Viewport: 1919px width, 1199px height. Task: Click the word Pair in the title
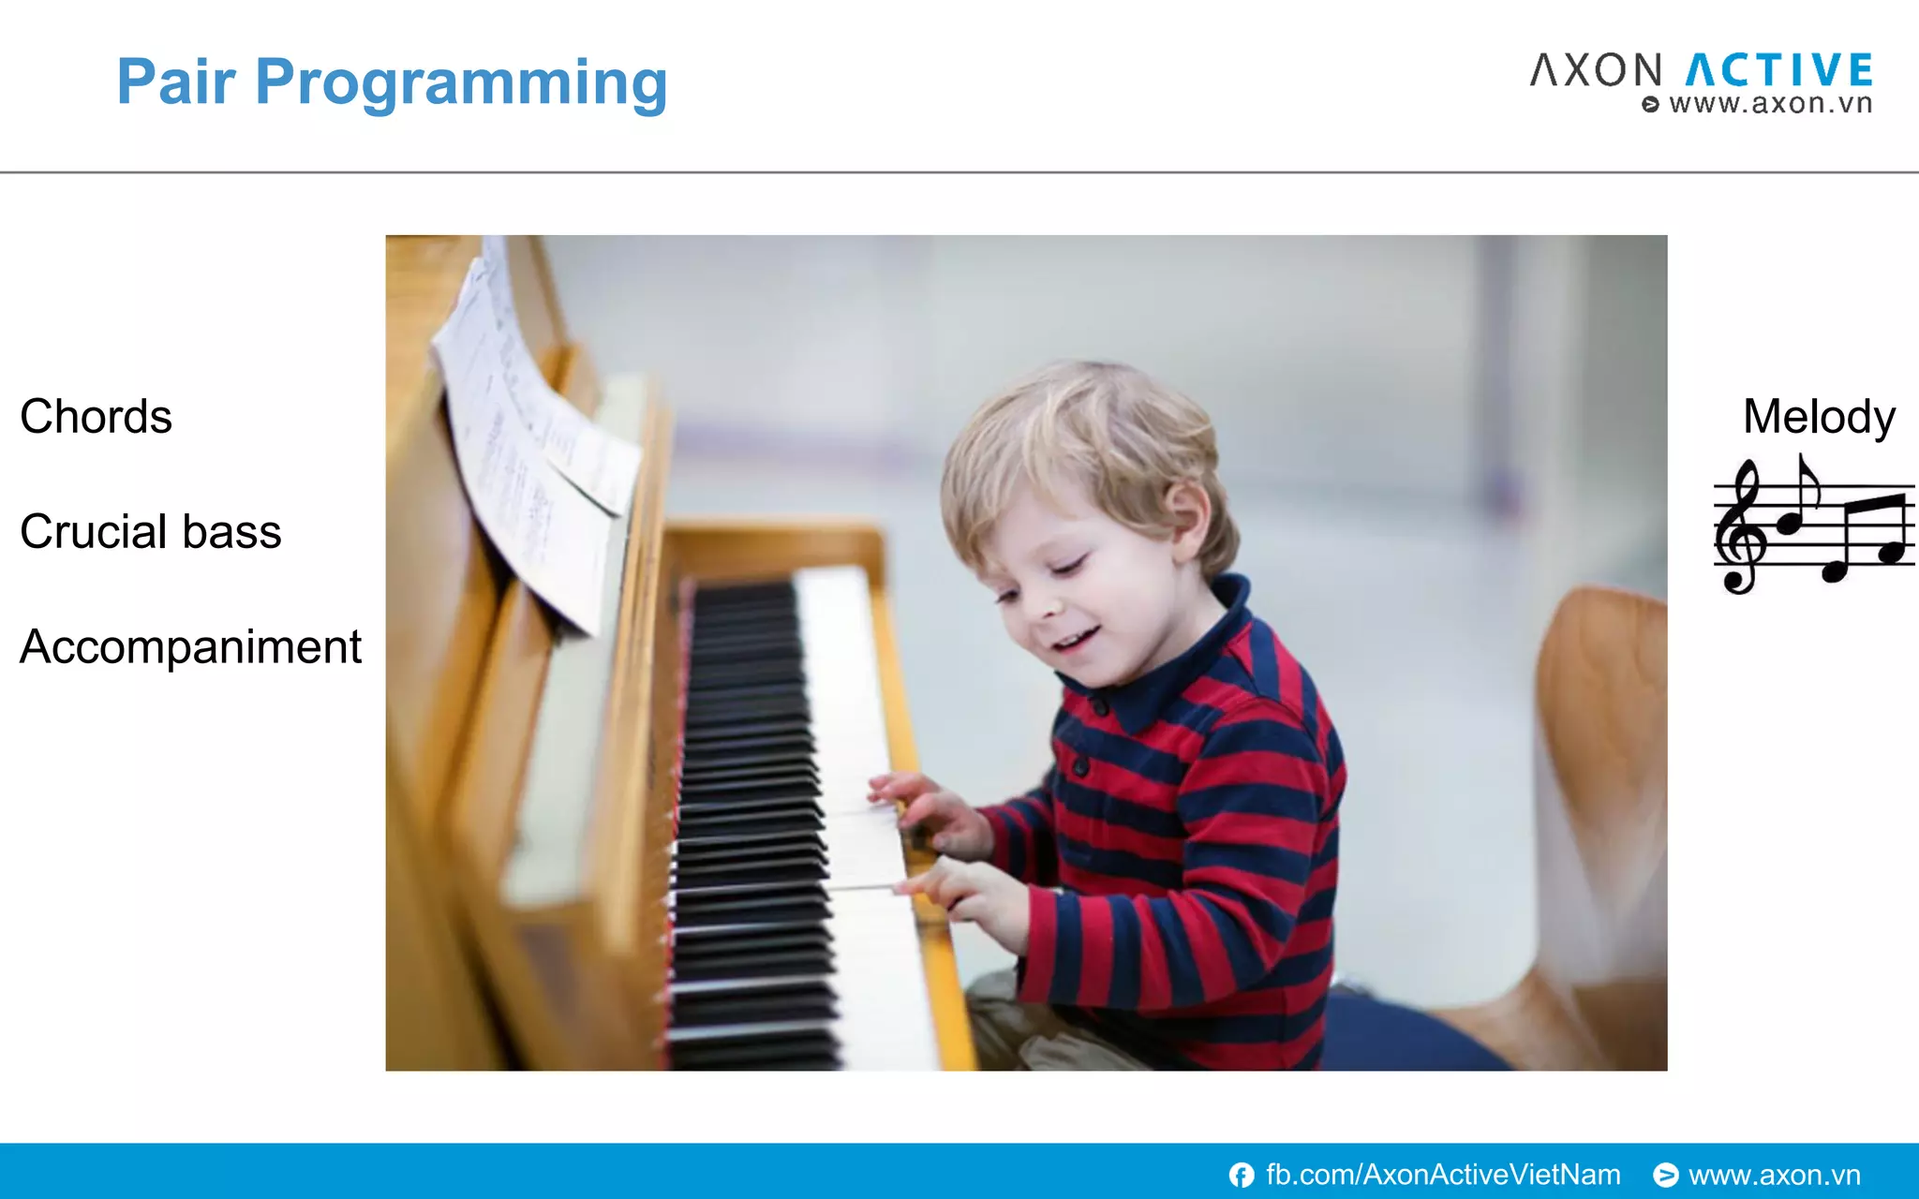[x=175, y=81]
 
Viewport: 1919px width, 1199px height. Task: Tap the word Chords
[x=96, y=417]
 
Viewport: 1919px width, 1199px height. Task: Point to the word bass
[x=231, y=532]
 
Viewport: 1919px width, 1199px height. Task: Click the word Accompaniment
[x=190, y=647]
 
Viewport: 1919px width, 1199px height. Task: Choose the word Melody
[x=1819, y=417]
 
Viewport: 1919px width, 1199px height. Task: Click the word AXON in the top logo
[x=1597, y=71]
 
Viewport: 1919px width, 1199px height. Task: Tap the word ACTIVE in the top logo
[x=1779, y=71]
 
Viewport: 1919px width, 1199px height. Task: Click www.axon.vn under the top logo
[x=1770, y=104]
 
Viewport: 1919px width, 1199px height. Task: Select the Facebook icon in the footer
[x=1242, y=1175]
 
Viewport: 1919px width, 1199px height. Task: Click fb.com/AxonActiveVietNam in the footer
[x=1443, y=1175]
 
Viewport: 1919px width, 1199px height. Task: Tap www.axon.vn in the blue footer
[x=1774, y=1175]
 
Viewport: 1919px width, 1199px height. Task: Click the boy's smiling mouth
[x=1075, y=642]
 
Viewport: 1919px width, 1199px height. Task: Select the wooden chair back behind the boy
[x=1604, y=749]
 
